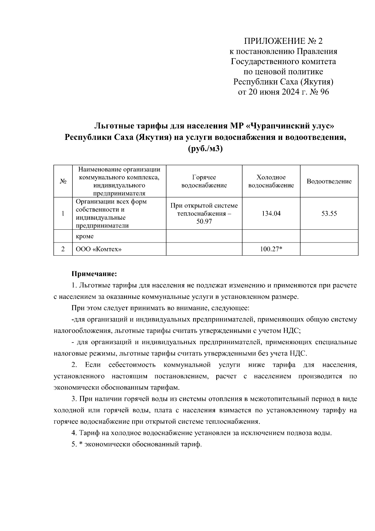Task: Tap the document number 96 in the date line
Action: (324, 92)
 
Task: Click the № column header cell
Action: (63, 181)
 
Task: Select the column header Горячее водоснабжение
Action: (204, 181)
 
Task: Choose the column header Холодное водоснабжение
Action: (271, 181)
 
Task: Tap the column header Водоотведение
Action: (329, 181)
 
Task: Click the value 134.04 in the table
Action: (271, 214)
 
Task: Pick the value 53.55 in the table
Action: (329, 214)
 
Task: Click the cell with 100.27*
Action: (271, 249)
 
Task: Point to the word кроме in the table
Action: (85, 237)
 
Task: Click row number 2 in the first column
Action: (63, 249)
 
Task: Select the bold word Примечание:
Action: (94, 274)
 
